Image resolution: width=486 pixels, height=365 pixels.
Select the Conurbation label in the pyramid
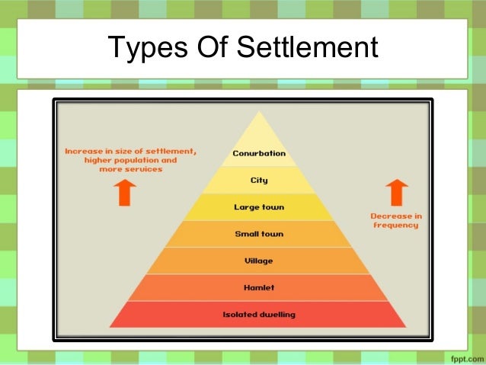coord(259,153)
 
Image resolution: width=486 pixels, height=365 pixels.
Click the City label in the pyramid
coord(259,181)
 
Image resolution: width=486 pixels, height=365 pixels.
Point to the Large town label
coord(259,207)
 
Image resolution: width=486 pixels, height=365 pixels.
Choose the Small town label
coord(259,234)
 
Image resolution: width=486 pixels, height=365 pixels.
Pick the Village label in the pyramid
coord(259,261)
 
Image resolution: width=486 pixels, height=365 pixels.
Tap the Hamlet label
coord(259,288)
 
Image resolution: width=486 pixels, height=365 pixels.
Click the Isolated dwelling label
coord(259,314)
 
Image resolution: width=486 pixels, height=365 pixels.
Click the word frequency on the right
coord(395,226)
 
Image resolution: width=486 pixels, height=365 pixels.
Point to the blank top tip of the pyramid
coord(259,126)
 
